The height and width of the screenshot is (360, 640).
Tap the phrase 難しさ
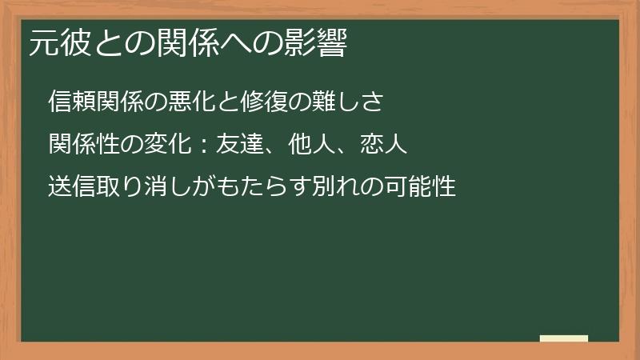[x=349, y=101]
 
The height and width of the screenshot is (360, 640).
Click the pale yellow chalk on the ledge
[x=563, y=338]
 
